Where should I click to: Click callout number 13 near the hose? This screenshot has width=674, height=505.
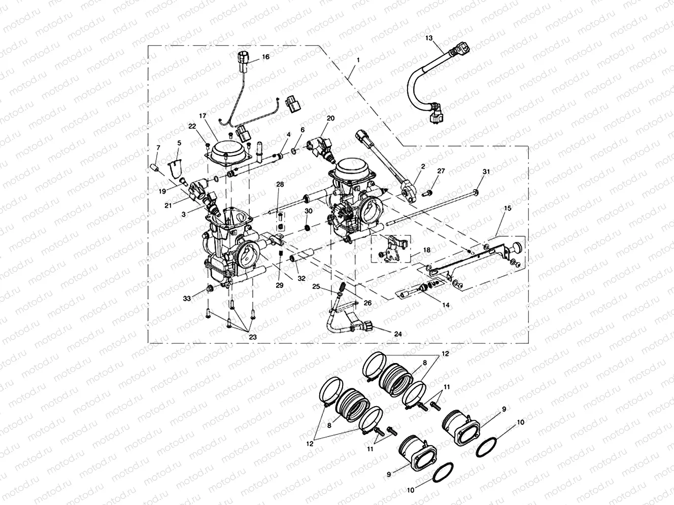[x=429, y=38]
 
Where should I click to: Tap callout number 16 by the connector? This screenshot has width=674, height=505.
[x=265, y=58]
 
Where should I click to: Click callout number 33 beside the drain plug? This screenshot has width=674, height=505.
[x=187, y=299]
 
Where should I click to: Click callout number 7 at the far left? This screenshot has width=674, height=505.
[x=158, y=148]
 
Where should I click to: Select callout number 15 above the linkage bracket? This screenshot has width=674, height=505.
[x=508, y=208]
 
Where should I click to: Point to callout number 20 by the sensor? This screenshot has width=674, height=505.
[x=330, y=118]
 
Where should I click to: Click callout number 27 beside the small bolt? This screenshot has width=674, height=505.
[x=440, y=171]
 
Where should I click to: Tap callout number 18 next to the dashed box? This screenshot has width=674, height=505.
[x=426, y=250]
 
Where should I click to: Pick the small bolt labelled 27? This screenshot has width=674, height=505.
[x=428, y=192]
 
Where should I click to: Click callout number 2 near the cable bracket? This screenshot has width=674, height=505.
[x=423, y=166]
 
